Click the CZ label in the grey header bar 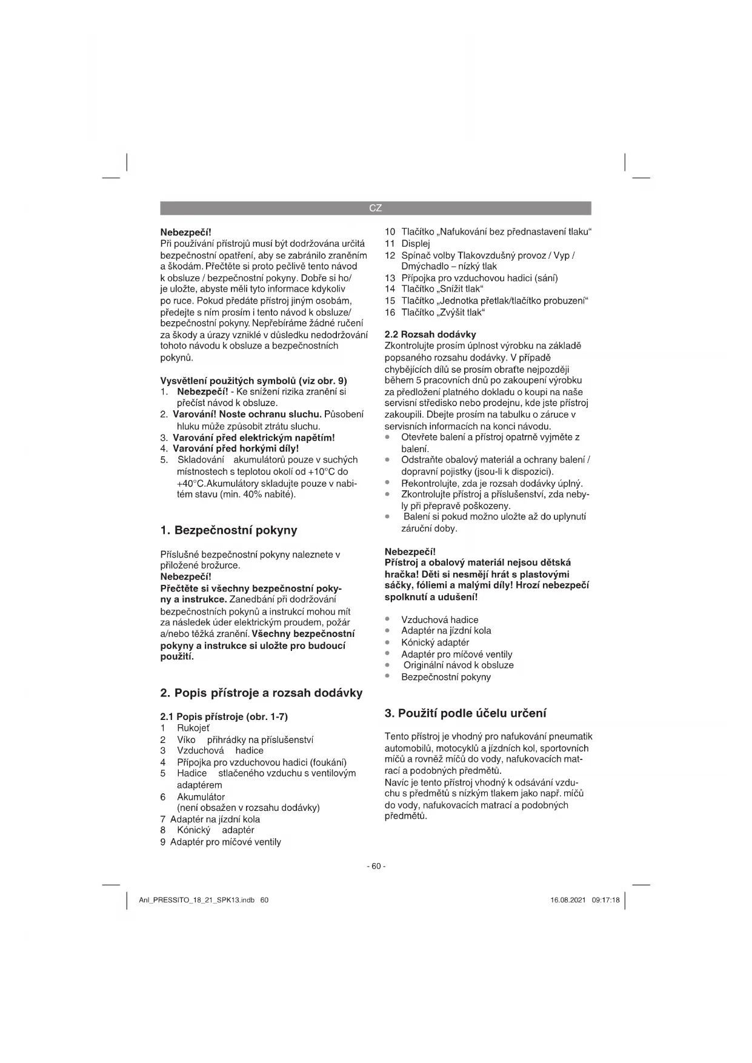(x=375, y=208)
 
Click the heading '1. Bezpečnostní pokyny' (x=228, y=530)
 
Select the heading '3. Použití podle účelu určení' (x=465, y=713)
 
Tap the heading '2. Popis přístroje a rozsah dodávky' (x=261, y=693)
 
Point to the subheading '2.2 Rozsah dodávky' (x=430, y=334)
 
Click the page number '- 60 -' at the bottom (x=376, y=866)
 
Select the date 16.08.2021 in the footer (x=568, y=900)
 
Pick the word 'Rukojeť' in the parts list (x=193, y=728)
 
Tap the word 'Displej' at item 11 (x=416, y=243)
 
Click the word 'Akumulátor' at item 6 (x=201, y=797)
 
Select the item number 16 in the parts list (x=390, y=312)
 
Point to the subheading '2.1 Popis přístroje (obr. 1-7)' (x=224, y=716)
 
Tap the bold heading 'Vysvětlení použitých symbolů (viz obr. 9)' (x=253, y=381)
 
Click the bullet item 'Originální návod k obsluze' (x=458, y=665)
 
